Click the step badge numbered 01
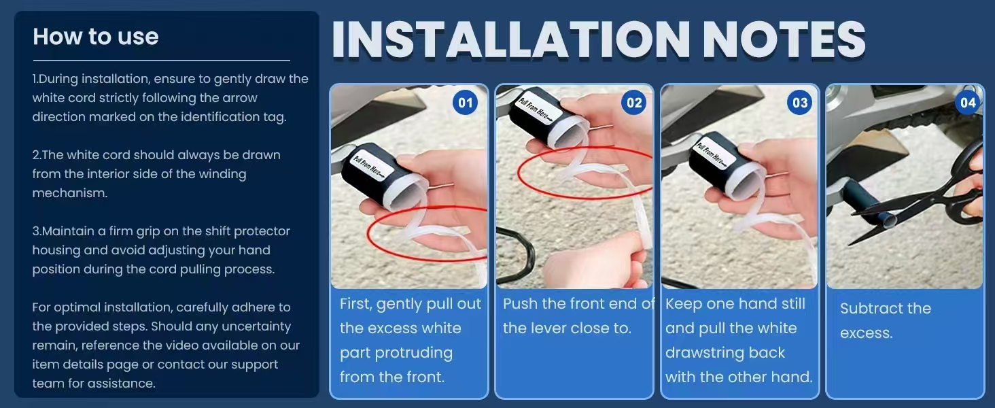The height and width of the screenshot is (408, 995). (465, 103)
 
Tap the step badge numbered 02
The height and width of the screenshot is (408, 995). (634, 103)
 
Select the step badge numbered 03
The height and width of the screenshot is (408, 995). (799, 103)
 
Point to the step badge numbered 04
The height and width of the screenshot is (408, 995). (968, 103)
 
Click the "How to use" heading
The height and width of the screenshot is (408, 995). (96, 37)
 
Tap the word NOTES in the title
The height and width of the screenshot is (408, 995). (784, 39)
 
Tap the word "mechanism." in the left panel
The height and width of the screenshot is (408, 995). (70, 193)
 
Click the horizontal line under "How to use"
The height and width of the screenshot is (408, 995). (161, 60)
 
